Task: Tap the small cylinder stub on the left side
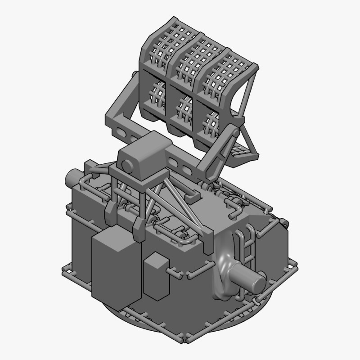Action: pos(72,178)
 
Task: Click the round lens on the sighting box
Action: pos(127,167)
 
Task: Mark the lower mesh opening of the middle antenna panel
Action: pos(184,108)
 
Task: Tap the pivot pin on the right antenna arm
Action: pos(234,132)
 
